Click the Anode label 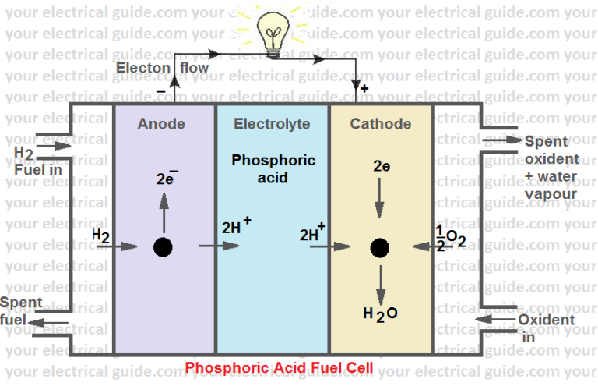pyautogui.click(x=161, y=124)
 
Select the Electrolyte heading pyautogui.click(x=272, y=124)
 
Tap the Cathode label pyautogui.click(x=380, y=124)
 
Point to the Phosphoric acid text pyautogui.click(x=273, y=168)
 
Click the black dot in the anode pyautogui.click(x=163, y=247)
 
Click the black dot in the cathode pyautogui.click(x=379, y=248)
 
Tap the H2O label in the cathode pyautogui.click(x=380, y=313)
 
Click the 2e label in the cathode pyautogui.click(x=381, y=166)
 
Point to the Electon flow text pyautogui.click(x=162, y=68)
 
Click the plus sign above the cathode pyautogui.click(x=364, y=90)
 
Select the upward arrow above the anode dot pyautogui.click(x=163, y=206)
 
